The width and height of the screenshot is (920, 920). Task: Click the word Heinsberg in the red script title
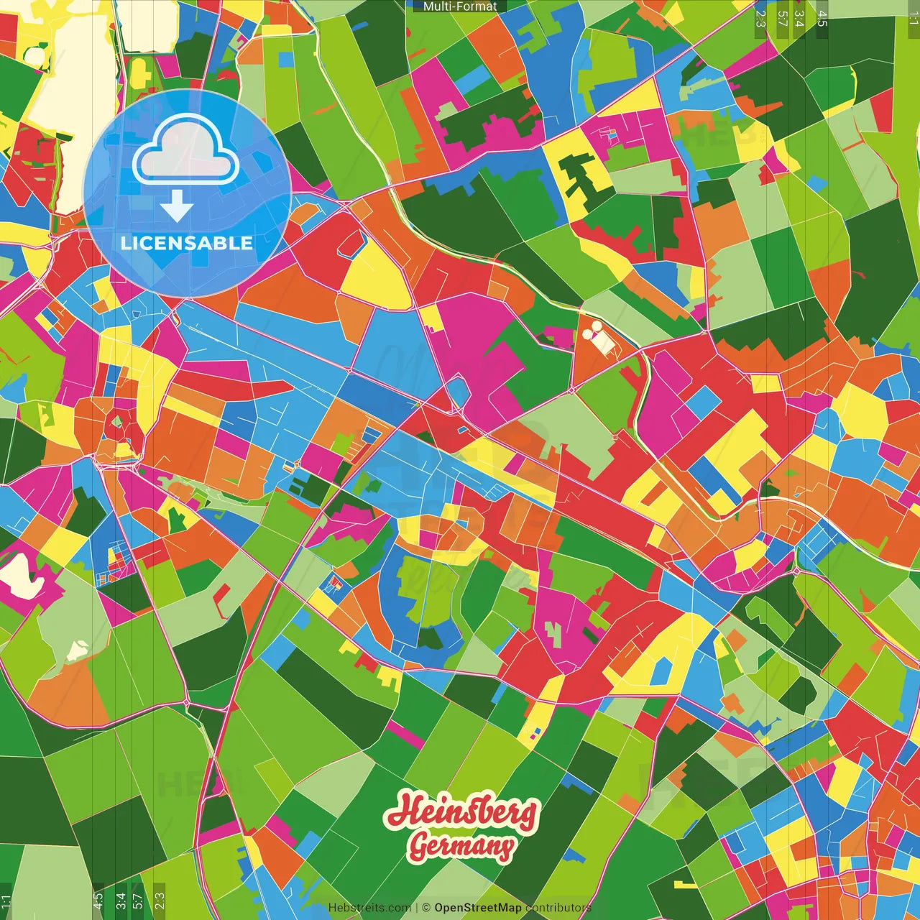click(461, 811)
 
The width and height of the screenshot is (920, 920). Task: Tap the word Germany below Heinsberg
click(461, 846)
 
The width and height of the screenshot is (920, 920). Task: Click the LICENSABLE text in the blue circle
click(187, 243)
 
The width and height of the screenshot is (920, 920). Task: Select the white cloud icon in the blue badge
click(186, 150)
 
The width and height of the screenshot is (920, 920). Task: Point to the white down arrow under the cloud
click(177, 206)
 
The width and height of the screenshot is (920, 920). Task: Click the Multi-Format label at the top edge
click(460, 6)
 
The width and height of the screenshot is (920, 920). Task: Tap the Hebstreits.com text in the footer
click(369, 908)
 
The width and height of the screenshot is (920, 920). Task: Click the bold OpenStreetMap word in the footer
click(478, 908)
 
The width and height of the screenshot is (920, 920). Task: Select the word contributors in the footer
click(558, 908)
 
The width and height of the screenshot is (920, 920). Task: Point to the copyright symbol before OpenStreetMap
click(426, 908)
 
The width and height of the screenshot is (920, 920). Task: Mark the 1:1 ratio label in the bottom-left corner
click(6, 902)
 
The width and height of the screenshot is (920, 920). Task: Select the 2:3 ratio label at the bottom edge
click(160, 901)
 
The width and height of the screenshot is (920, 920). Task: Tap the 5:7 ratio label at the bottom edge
click(138, 901)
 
